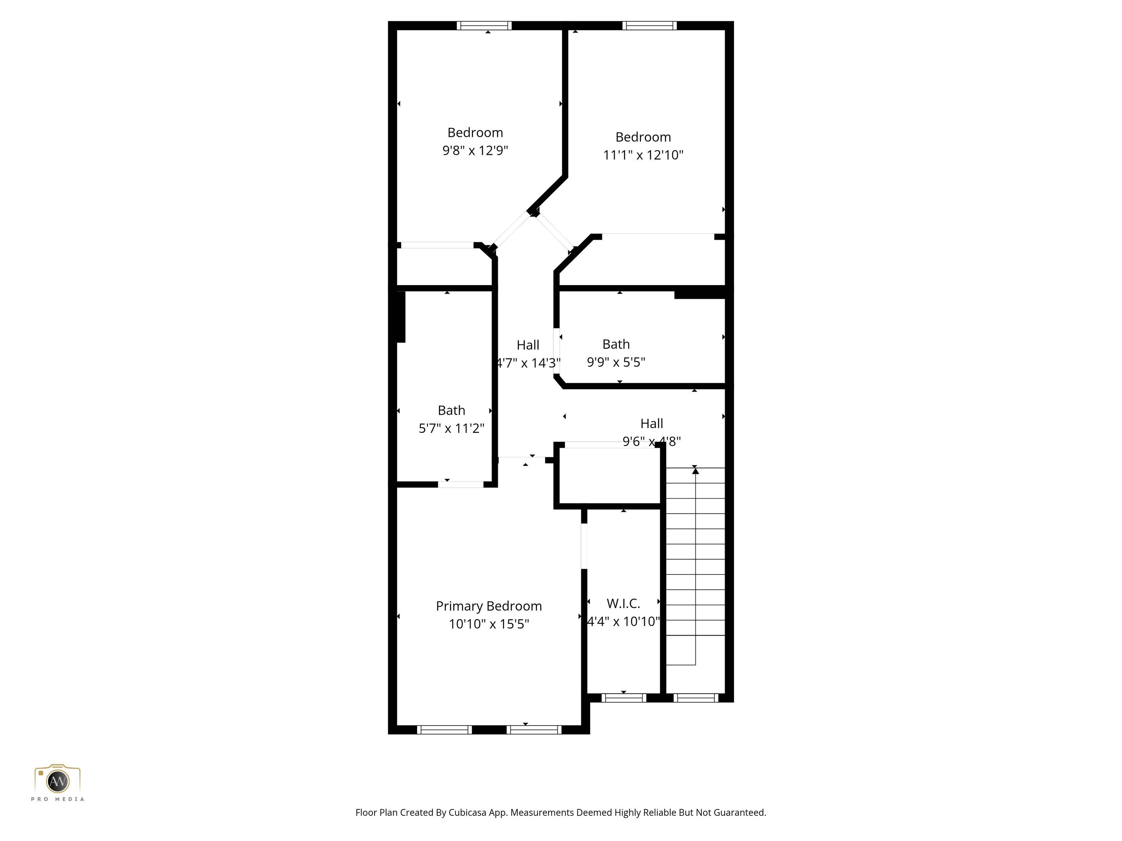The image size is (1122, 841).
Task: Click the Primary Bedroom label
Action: click(x=488, y=606)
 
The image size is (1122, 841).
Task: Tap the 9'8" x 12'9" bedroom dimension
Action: click(x=475, y=150)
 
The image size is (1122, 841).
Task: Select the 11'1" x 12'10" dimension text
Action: click(x=643, y=155)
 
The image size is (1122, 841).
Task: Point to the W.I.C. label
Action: click(x=623, y=603)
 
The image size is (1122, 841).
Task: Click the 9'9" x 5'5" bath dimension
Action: click(x=616, y=362)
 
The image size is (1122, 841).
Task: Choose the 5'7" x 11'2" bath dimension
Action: click(x=451, y=429)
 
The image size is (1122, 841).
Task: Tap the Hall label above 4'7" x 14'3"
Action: click(x=527, y=345)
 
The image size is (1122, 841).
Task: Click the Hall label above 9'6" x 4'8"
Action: click(x=651, y=423)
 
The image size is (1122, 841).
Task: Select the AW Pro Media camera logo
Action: click(x=57, y=781)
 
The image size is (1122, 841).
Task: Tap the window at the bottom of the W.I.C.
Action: click(x=623, y=698)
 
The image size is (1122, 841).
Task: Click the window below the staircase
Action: click(x=695, y=698)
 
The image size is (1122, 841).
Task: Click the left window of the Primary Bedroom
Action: click(x=444, y=730)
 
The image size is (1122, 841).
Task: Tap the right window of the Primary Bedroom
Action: click(x=534, y=730)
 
